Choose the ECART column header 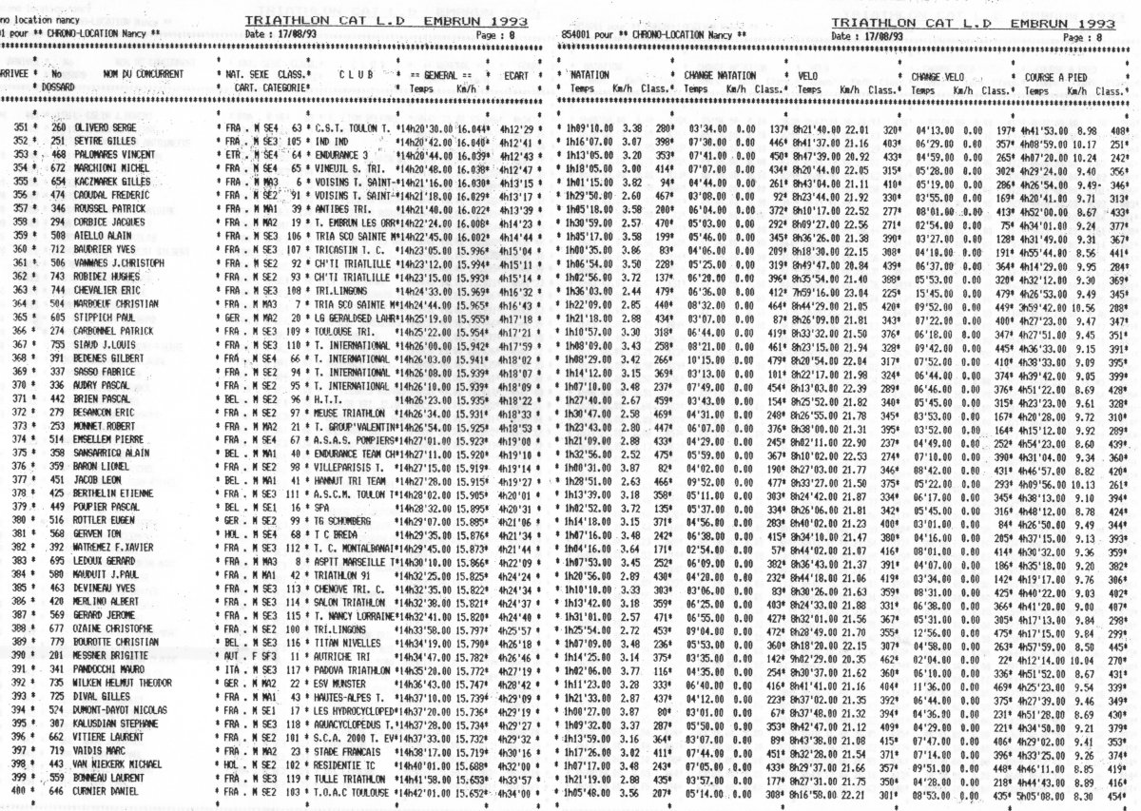pyautogui.click(x=515, y=73)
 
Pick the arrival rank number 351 pyautogui.click(x=20, y=128)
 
